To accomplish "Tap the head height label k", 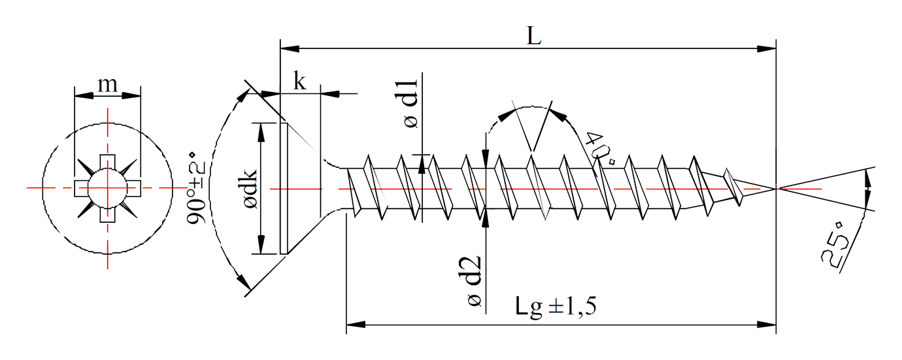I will coord(300,83).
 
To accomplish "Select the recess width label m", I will coord(107,85).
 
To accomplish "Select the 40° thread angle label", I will coord(600,147).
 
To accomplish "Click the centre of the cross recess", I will coord(108,188).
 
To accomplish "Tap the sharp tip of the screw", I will coord(776,188).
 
